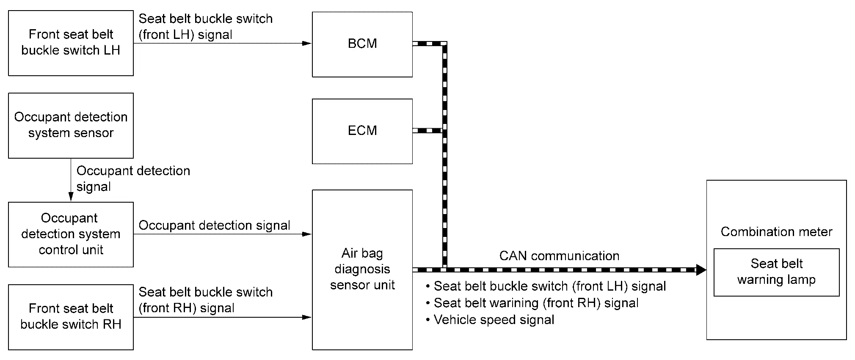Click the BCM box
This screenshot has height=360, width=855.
(362, 44)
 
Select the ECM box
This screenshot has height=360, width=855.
(362, 131)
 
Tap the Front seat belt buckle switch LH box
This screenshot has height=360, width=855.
(71, 43)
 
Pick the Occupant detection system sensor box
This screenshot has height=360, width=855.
(71, 125)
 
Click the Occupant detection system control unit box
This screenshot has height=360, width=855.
(71, 234)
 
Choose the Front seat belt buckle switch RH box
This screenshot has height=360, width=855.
(71, 316)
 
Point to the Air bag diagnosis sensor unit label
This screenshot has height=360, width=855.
(362, 269)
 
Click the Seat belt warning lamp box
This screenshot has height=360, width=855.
(776, 272)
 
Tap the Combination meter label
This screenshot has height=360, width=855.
(776, 232)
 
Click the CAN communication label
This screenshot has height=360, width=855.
(559, 256)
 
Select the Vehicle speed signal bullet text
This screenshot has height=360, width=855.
(494, 320)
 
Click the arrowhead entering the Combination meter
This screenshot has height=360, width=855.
(701, 269)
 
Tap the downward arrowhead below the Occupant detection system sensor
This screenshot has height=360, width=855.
(71, 196)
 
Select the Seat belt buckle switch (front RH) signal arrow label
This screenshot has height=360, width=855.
(206, 300)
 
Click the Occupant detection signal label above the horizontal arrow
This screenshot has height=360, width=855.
(214, 225)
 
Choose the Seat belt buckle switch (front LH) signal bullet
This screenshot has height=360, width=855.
(549, 286)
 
